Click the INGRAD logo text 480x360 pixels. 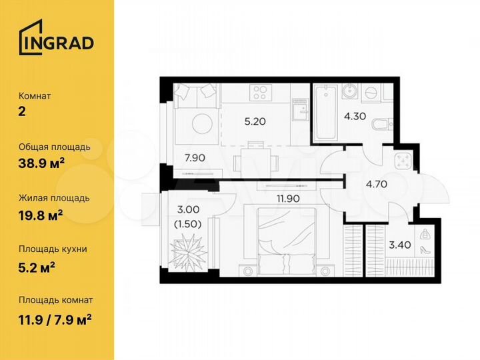click(x=56, y=41)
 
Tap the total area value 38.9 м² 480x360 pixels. click(x=45, y=161)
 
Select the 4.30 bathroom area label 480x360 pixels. click(x=354, y=114)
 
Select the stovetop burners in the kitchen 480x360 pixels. click(x=261, y=92)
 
